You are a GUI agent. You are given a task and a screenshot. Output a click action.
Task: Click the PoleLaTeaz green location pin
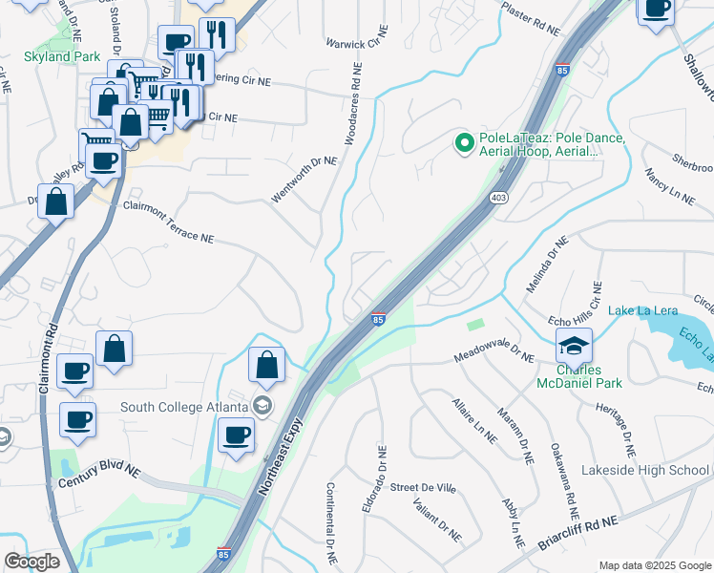coord(465,144)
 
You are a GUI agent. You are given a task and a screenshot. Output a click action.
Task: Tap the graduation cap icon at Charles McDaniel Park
coord(574,346)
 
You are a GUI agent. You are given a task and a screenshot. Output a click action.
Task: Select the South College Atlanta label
coord(186,408)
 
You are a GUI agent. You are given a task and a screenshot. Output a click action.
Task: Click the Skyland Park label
coord(62,57)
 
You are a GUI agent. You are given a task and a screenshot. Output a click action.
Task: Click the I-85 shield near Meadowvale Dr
coord(379,319)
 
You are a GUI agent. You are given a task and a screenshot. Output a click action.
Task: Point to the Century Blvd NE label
coord(98,477)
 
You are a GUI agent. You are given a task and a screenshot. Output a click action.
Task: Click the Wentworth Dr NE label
coord(304,179)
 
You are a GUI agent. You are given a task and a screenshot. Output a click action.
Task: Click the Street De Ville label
coord(423,488)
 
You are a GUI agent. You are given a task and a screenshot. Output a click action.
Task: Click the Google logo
coord(31,562)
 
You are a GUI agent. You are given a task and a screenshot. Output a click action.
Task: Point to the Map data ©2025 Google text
coord(653,565)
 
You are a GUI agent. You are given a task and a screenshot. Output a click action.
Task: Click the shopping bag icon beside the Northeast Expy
coord(266,364)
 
